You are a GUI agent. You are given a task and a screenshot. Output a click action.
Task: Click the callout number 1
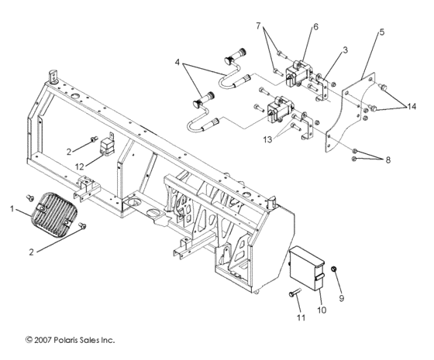(x=12, y=209)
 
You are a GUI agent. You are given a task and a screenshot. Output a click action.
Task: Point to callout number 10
(x=321, y=310)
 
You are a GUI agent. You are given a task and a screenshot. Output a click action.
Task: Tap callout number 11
(x=300, y=318)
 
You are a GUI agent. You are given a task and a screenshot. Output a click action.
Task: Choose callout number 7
(x=260, y=26)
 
